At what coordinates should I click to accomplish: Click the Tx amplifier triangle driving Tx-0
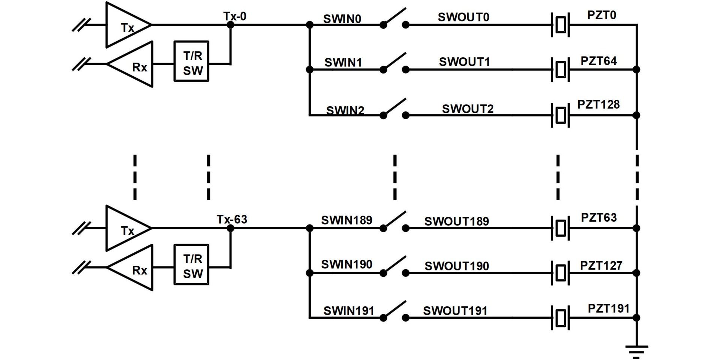pyautogui.click(x=126, y=25)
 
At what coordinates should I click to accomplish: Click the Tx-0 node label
pyautogui.click(x=235, y=16)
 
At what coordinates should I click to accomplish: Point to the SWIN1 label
pyautogui.click(x=343, y=62)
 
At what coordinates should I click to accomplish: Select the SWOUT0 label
pyautogui.click(x=463, y=17)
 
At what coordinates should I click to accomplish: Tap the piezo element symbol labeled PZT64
pyautogui.click(x=560, y=69)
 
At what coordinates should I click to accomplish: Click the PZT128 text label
pyautogui.click(x=598, y=104)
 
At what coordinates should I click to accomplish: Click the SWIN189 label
pyautogui.click(x=346, y=220)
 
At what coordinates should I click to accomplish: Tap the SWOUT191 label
pyautogui.click(x=455, y=311)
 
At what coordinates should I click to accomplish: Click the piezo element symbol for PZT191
pyautogui.click(x=560, y=318)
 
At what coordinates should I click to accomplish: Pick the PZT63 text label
pyautogui.click(x=598, y=217)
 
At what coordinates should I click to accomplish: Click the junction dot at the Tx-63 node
pyautogui.click(x=231, y=228)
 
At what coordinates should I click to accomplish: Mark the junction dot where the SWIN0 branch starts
pyautogui.click(x=309, y=25)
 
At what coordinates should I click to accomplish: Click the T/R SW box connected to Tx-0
pyautogui.click(x=191, y=61)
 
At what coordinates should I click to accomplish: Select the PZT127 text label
pyautogui.click(x=601, y=265)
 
